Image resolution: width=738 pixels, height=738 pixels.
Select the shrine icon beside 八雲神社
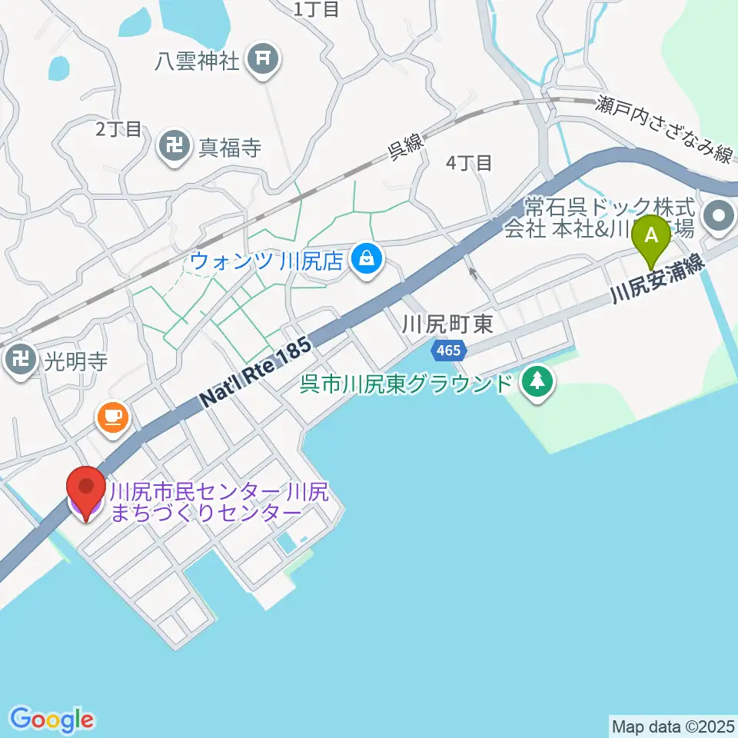pyautogui.click(x=262, y=59)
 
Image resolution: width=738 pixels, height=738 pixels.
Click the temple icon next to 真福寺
pyautogui.click(x=175, y=145)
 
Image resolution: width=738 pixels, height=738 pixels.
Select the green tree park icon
pyautogui.click(x=538, y=382)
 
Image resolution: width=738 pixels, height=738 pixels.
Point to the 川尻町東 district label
pyautogui.click(x=447, y=324)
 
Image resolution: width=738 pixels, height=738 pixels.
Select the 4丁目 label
pyautogui.click(x=469, y=162)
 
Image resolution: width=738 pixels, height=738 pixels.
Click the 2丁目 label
pyautogui.click(x=119, y=128)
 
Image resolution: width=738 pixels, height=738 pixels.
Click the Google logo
pyautogui.click(x=52, y=720)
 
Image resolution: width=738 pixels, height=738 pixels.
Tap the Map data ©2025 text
pyautogui.click(x=672, y=726)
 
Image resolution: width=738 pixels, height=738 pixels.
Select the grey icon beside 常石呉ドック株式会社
pyautogui.click(x=720, y=216)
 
